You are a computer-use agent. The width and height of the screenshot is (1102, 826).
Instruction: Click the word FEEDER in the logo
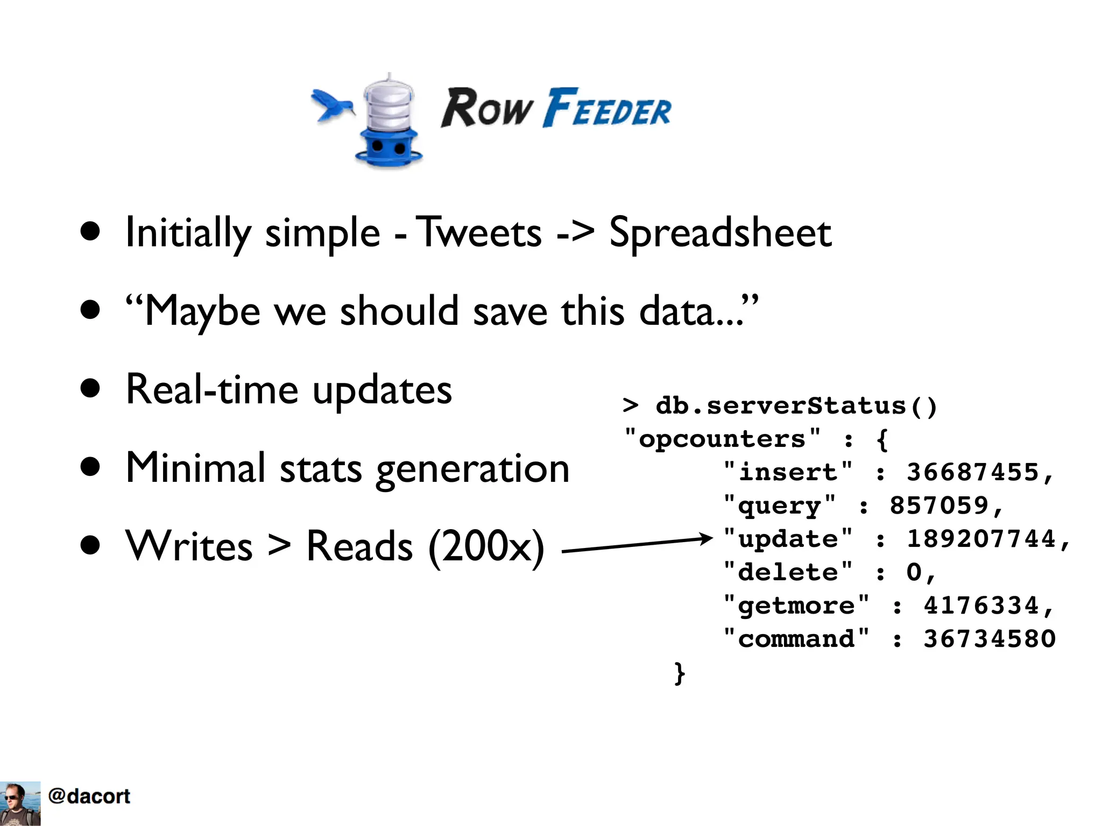[607, 109]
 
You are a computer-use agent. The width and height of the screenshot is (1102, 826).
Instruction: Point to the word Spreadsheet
[720, 233]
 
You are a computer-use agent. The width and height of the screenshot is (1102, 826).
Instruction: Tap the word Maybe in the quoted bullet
[202, 312]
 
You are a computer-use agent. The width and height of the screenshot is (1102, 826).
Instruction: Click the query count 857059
[939, 506]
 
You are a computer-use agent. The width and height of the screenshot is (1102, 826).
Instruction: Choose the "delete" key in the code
[788, 573]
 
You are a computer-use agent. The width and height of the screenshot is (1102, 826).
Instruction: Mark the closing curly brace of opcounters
[680, 673]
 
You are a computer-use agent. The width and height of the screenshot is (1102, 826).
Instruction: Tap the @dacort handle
[89, 796]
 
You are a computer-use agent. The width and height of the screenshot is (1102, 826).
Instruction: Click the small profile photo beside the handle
[20, 803]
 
